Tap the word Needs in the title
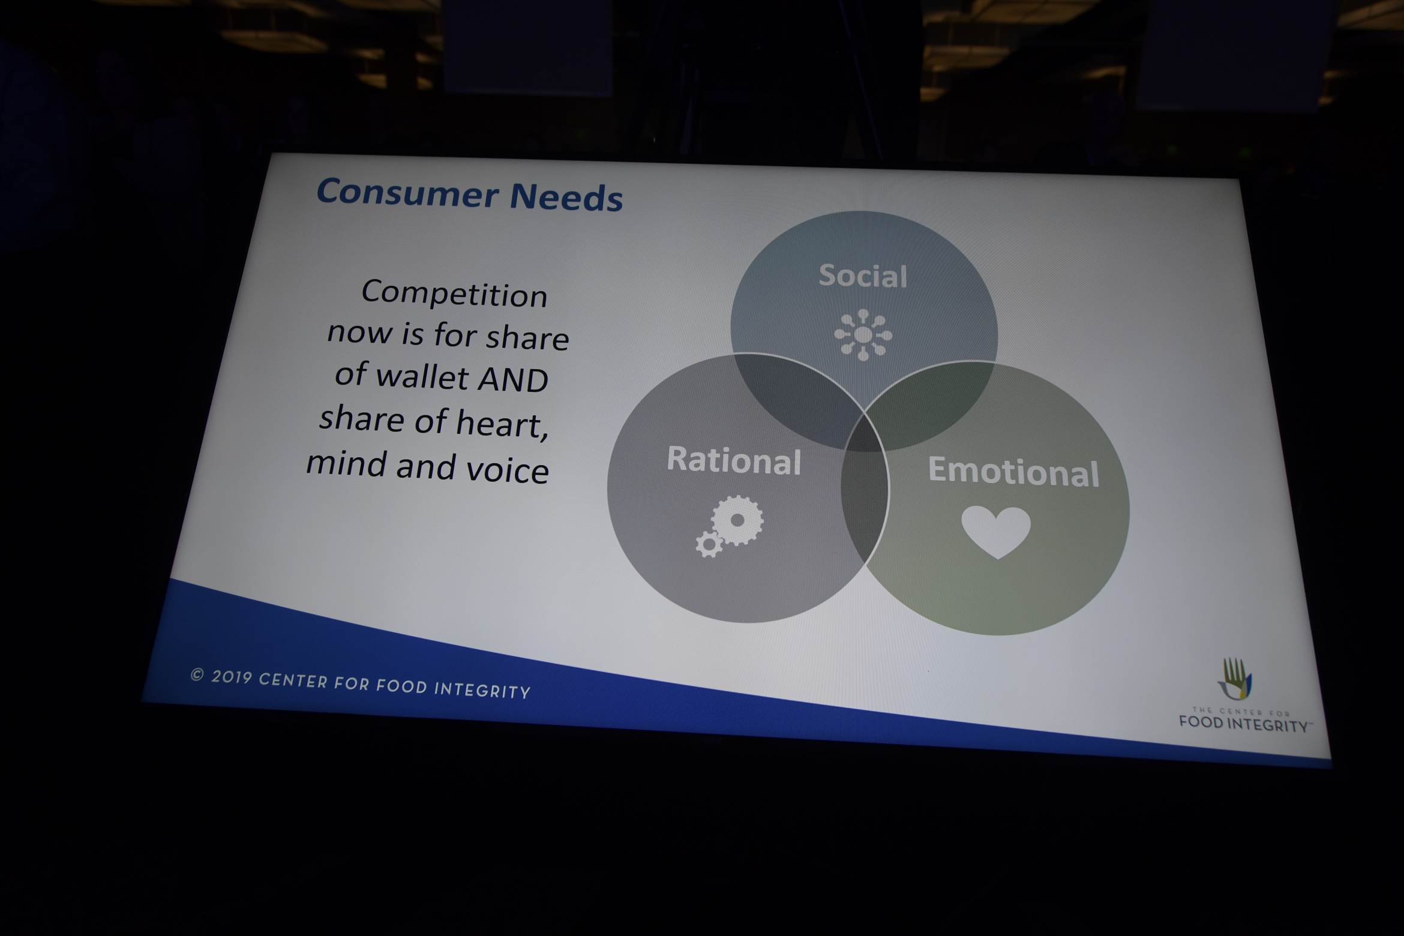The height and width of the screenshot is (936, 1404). coord(566,197)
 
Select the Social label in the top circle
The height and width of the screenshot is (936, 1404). coord(863,276)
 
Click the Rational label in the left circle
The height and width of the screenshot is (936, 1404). coord(734,460)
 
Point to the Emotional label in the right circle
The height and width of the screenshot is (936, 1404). coord(1013,471)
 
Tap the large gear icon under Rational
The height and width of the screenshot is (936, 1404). coord(737,520)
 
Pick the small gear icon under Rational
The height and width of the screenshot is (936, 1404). coord(709,544)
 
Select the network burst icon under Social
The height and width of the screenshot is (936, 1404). coord(863,335)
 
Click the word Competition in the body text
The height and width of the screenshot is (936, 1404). coord(454,295)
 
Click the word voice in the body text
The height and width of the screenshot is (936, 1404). coord(508,470)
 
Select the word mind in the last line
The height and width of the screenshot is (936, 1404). coord(346,464)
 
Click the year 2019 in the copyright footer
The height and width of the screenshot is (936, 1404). coord(231,677)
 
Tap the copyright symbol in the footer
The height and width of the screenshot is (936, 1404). coord(197,675)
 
